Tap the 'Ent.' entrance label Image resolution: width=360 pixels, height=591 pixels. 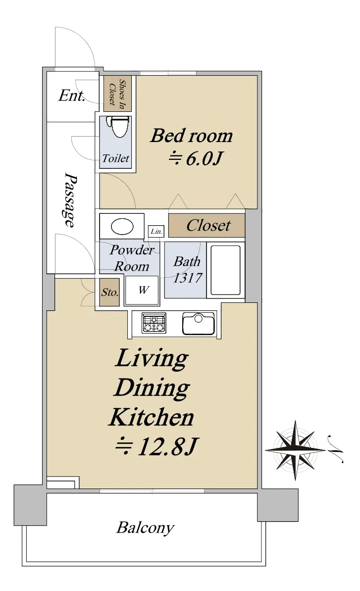(x=71, y=96)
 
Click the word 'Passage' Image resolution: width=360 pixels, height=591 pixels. (x=69, y=200)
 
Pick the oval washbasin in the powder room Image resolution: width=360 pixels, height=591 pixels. (x=122, y=227)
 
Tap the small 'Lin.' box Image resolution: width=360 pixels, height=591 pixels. (x=156, y=232)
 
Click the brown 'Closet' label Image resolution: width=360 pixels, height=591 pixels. (x=208, y=225)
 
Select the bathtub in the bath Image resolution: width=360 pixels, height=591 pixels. (x=225, y=270)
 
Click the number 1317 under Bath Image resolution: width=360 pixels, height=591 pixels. (x=188, y=278)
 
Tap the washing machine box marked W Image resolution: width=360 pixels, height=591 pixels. (x=142, y=290)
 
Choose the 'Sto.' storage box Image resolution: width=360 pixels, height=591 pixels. (x=110, y=292)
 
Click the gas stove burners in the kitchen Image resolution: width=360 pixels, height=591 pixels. (x=154, y=323)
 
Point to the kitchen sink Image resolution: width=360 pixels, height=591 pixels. (x=198, y=323)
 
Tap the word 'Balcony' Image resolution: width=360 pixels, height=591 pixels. (x=145, y=528)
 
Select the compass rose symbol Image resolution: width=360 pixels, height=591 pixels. (x=295, y=450)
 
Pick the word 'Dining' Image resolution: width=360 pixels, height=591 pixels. (x=152, y=388)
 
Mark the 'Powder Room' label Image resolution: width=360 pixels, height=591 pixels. (x=131, y=258)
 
